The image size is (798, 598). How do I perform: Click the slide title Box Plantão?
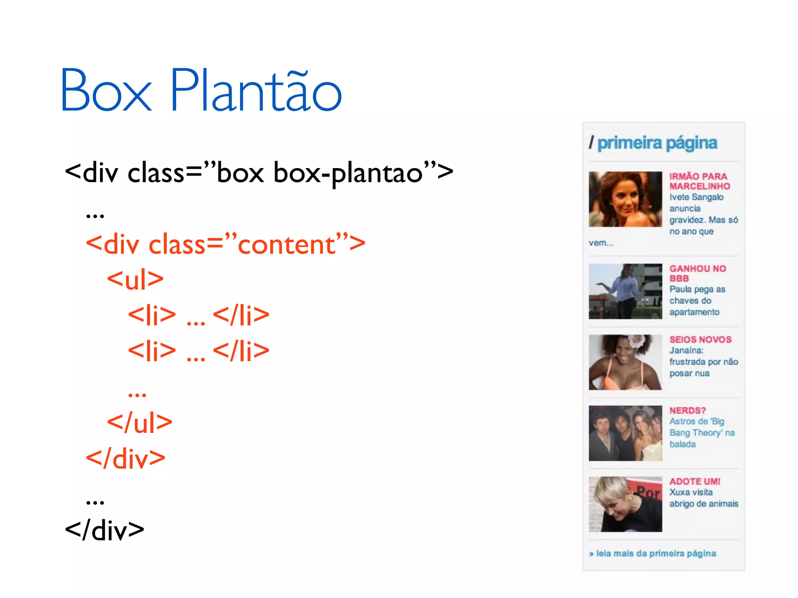click(x=201, y=90)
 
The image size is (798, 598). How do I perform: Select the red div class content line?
click(x=225, y=244)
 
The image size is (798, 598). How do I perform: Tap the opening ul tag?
click(x=135, y=280)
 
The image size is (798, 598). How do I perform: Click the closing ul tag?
click(x=139, y=422)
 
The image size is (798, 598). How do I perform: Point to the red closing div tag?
click(x=125, y=458)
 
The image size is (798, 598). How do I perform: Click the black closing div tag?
click(x=104, y=530)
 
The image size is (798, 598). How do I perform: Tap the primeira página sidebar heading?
click(x=657, y=143)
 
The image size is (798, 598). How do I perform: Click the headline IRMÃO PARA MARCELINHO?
click(x=699, y=181)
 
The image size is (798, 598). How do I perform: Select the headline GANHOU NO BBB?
click(x=697, y=273)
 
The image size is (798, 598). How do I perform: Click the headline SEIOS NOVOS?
click(x=700, y=339)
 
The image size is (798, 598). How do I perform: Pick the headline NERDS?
click(x=688, y=410)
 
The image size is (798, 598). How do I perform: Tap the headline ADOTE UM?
click(x=695, y=482)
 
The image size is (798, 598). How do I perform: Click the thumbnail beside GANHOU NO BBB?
click(x=625, y=291)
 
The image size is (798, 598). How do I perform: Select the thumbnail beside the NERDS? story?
click(x=625, y=433)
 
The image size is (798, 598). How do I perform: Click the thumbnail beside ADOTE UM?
click(x=625, y=504)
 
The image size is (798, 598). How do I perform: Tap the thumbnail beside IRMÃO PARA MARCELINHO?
click(x=625, y=199)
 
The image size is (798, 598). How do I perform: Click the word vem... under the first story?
click(x=600, y=243)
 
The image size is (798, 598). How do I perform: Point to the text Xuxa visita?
click(x=691, y=492)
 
